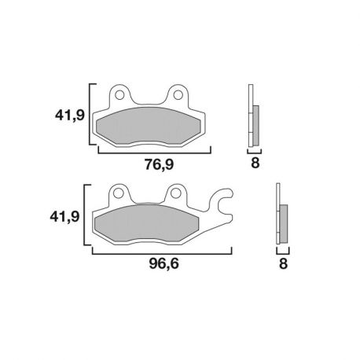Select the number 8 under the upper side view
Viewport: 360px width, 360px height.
[255, 163]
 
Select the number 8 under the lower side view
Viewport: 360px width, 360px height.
[282, 264]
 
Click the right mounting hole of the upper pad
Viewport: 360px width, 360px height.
[178, 95]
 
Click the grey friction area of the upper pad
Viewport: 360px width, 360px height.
[149, 125]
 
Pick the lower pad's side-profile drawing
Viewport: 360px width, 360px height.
[282, 216]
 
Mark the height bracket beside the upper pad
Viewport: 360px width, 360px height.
[91, 115]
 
